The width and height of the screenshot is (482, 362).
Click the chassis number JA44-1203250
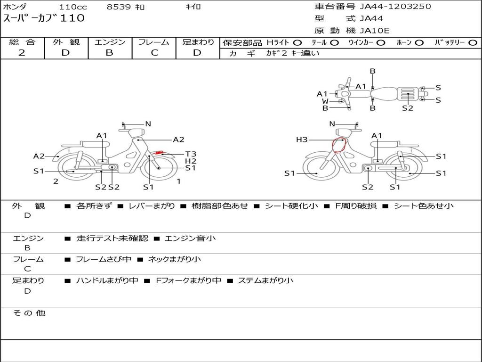click(x=395, y=6)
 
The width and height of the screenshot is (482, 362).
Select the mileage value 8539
click(x=119, y=7)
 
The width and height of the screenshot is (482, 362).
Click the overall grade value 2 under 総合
click(x=22, y=53)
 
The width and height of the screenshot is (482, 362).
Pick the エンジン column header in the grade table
click(x=110, y=42)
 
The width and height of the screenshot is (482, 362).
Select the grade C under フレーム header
click(x=154, y=53)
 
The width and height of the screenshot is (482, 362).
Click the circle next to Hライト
click(x=297, y=43)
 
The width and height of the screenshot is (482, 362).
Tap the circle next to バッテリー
click(x=473, y=43)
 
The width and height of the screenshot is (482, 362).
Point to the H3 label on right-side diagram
click(x=302, y=140)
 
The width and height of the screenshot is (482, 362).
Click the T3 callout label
click(x=191, y=154)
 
